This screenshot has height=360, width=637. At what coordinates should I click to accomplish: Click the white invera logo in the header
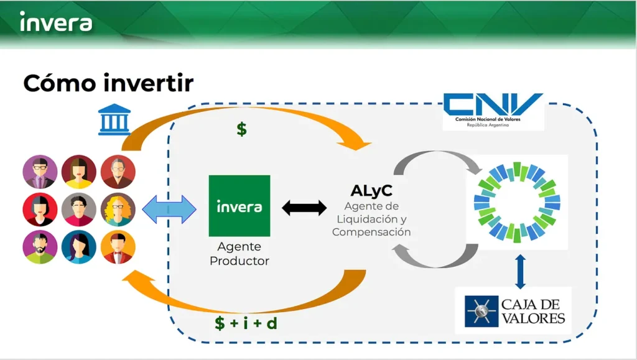(56, 22)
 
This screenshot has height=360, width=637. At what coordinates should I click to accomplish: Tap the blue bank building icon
(114, 119)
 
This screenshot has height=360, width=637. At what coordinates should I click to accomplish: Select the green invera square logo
(239, 206)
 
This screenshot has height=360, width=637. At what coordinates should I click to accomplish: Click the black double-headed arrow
(304, 208)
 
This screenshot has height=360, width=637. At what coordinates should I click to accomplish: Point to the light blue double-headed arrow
(169, 210)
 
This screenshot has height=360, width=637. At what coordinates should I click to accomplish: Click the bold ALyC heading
(371, 190)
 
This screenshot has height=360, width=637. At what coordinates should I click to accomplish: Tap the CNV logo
(493, 110)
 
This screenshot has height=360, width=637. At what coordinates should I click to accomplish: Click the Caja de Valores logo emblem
(481, 312)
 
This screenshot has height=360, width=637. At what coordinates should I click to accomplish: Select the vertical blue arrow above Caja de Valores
(521, 272)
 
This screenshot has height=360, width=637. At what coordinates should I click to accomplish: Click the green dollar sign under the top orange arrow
(242, 129)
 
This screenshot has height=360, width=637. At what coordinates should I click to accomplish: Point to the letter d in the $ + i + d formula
(272, 323)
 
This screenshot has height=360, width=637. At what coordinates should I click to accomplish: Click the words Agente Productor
(239, 254)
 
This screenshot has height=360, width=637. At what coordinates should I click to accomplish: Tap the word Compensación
(371, 232)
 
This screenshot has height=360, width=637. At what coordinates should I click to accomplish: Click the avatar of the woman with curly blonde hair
(118, 210)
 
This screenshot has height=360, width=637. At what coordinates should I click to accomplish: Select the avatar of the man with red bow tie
(118, 247)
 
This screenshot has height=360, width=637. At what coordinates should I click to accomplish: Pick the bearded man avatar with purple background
(40, 247)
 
